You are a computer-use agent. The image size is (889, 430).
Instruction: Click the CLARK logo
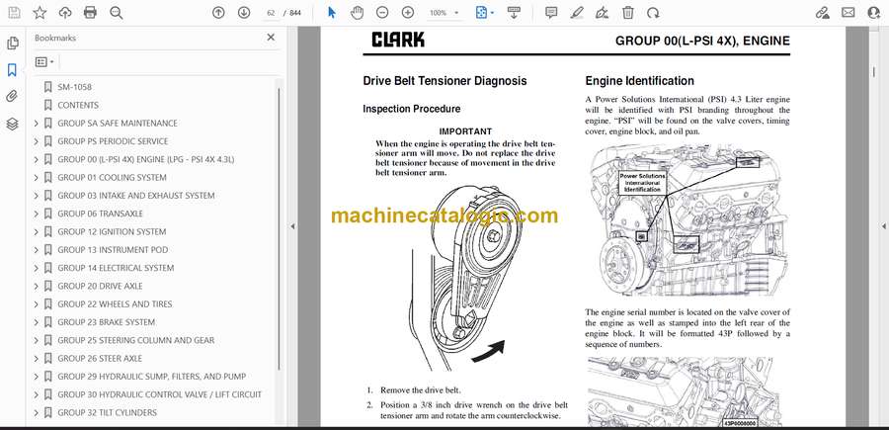(x=398, y=40)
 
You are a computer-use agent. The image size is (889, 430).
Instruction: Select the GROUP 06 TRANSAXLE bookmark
(x=100, y=214)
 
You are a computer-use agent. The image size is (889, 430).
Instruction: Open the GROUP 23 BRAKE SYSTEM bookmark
(x=106, y=321)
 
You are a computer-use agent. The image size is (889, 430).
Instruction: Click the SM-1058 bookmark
(x=74, y=87)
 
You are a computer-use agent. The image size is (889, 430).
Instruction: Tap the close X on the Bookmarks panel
(x=271, y=38)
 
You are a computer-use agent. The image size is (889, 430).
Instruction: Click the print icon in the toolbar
(x=90, y=13)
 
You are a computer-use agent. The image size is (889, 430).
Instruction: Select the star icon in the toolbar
(x=40, y=13)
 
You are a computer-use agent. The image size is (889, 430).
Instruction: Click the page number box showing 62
(x=271, y=13)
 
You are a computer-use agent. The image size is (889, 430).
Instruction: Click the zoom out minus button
(x=382, y=13)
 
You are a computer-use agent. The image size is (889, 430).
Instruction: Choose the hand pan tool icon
(x=357, y=13)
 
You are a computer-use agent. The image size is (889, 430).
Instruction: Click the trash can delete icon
(x=627, y=13)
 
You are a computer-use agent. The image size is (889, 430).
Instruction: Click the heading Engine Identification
(x=639, y=80)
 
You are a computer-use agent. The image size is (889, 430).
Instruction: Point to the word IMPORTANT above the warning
(x=465, y=131)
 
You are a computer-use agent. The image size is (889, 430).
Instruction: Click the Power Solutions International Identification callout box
(x=642, y=183)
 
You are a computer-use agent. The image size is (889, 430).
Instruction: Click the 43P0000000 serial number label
(x=740, y=423)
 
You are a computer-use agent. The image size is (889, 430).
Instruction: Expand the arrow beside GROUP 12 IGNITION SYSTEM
(x=37, y=231)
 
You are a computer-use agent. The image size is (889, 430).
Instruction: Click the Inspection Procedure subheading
(x=412, y=109)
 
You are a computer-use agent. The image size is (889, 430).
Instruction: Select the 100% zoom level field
(x=444, y=13)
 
